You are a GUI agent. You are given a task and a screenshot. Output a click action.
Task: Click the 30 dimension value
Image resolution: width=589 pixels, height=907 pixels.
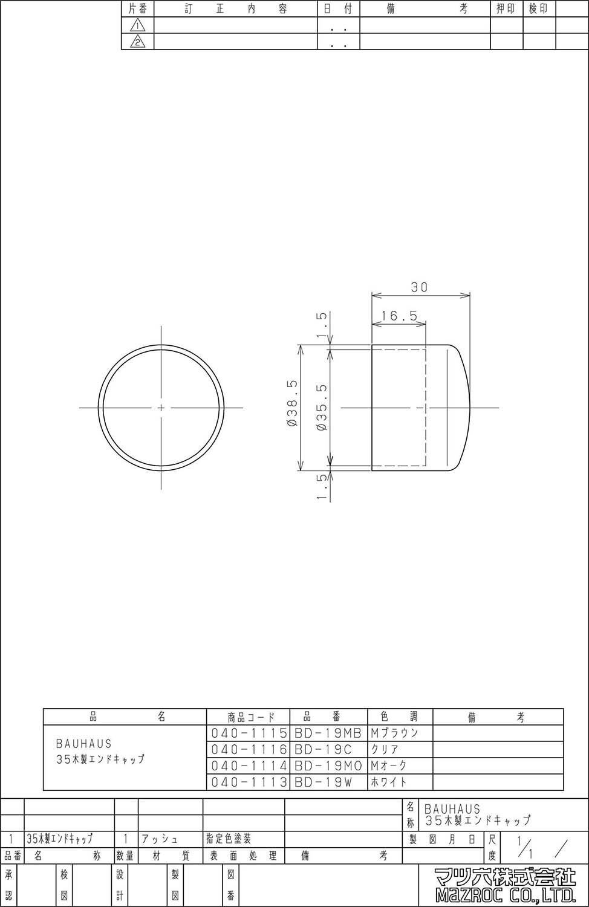tap(419, 287)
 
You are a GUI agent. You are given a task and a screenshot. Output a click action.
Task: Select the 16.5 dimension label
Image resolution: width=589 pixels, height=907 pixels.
tap(399, 316)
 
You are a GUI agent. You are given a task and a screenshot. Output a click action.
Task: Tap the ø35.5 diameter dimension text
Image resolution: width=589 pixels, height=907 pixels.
tap(323, 407)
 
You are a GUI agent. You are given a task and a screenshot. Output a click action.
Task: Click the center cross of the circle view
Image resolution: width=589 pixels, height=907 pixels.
tap(161, 408)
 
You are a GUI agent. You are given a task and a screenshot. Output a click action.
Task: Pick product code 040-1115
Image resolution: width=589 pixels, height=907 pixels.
tap(249, 733)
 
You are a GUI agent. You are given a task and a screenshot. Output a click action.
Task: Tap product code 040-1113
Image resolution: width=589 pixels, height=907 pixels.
tap(249, 782)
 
